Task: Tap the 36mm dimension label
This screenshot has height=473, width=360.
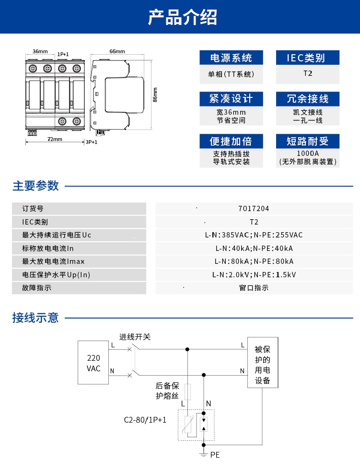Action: (x=40, y=51)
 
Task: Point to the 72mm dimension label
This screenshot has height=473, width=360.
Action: (x=55, y=139)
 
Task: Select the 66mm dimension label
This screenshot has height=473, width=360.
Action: (x=117, y=51)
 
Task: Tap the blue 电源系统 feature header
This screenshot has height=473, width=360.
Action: (x=231, y=58)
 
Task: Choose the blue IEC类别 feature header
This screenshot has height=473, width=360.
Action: (x=307, y=58)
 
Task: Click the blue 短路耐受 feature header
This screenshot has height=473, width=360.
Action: (x=307, y=141)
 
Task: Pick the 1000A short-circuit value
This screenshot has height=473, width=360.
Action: (x=308, y=154)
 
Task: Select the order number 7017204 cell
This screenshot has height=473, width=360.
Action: (x=254, y=209)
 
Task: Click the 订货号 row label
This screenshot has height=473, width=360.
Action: (x=33, y=209)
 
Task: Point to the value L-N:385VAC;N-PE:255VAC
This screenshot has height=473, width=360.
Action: (x=254, y=235)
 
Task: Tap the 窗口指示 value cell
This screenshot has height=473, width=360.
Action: (x=254, y=288)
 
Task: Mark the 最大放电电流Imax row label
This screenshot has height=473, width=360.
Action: (x=53, y=261)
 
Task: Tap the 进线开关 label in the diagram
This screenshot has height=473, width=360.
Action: (x=135, y=337)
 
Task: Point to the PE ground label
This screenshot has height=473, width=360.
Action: (x=215, y=454)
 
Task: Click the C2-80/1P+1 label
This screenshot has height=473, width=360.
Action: (x=142, y=419)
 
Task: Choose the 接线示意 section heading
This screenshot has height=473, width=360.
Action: (x=35, y=318)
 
